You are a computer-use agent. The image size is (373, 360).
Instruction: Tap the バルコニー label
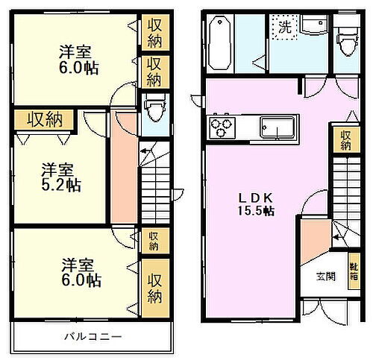click(92, 337)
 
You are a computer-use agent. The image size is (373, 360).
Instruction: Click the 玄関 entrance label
click(325, 277)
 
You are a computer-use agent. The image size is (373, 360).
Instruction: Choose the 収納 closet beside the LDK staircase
click(345, 140)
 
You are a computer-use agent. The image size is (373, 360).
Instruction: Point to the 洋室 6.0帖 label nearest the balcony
click(81, 272)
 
